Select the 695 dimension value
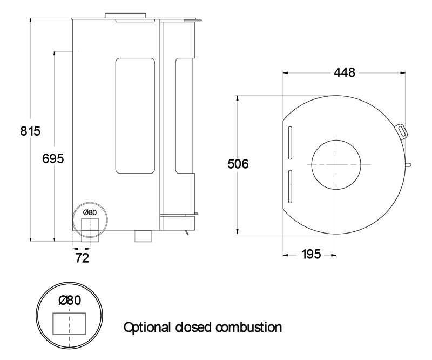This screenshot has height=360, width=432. coord(53,158)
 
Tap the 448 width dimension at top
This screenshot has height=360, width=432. coord(344,72)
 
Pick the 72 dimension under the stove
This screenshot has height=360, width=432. coord(82,258)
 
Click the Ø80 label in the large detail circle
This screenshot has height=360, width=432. coord(70,300)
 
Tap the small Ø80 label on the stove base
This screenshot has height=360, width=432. coord(90,212)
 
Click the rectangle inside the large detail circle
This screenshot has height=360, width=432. coord(69,324)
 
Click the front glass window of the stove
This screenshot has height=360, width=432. coord(135,116)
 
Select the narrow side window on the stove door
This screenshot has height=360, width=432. coord(184,116)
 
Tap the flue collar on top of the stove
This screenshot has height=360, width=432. coord(125,15)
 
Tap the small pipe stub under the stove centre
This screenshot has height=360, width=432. coord(143,236)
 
